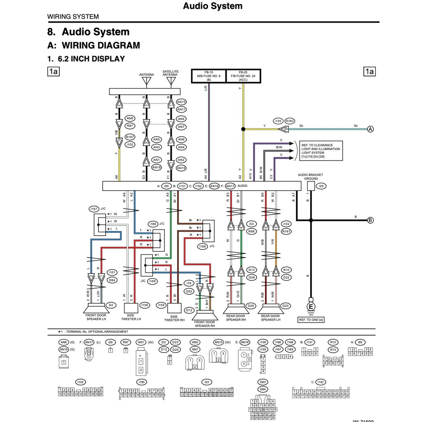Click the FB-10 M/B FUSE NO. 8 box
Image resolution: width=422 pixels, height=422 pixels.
point(209,76)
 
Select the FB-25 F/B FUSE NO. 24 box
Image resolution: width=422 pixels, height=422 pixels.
point(243,76)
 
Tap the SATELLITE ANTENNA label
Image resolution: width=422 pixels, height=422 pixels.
point(171,73)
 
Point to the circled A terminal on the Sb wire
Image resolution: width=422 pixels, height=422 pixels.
point(370,129)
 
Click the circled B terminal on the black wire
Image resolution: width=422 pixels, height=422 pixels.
point(370,220)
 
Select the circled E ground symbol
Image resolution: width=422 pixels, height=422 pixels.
point(311,307)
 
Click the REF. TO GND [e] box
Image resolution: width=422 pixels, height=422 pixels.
point(311,320)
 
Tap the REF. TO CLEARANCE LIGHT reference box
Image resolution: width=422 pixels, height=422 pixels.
point(321,151)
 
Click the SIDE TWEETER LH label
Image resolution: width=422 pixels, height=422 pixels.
point(131,317)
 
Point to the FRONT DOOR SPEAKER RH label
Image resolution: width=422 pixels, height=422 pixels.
point(204,324)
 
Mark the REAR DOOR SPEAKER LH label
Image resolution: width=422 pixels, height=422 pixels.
point(271,318)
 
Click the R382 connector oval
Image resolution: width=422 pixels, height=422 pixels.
point(290,121)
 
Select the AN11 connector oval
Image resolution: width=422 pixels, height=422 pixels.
point(181,110)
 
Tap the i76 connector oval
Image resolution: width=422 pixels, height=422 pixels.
point(189,283)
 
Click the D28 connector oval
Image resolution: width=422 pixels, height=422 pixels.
point(251,277)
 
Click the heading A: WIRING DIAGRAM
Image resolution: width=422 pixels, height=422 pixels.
point(94,45)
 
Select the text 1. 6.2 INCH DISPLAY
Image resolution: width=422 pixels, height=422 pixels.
point(86,59)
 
